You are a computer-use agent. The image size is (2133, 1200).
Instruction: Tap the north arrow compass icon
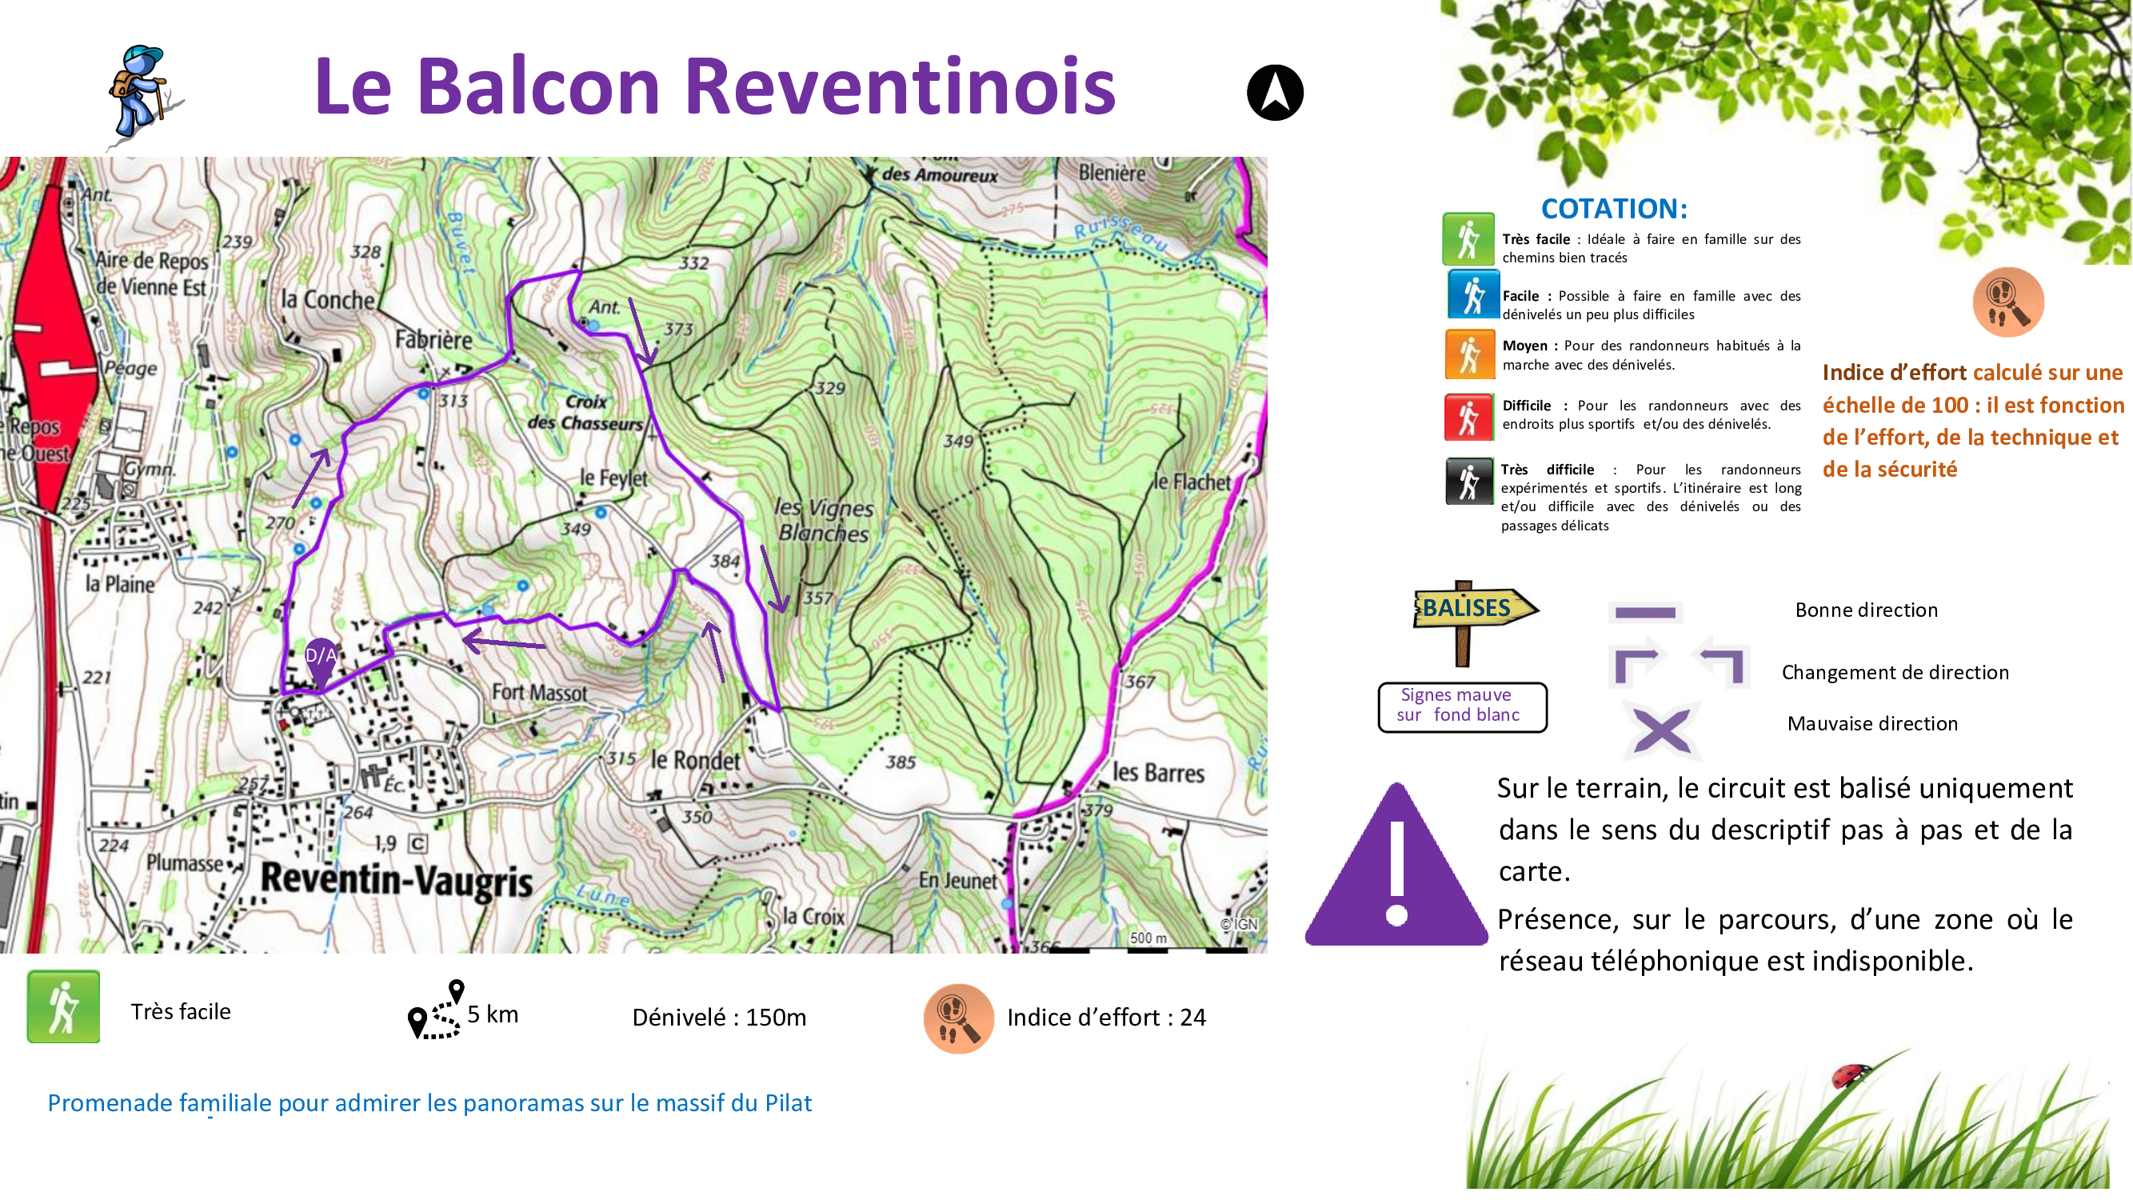(x=1274, y=93)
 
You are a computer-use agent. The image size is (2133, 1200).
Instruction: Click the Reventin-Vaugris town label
(x=397, y=881)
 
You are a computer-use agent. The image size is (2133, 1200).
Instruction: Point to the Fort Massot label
(x=539, y=692)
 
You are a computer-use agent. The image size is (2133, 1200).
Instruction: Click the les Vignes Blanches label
(x=823, y=521)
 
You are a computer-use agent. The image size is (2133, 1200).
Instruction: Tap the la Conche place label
(x=328, y=300)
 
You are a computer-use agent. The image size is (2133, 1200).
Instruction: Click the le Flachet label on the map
(x=1192, y=482)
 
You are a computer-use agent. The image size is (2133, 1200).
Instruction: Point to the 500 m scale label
(x=1148, y=938)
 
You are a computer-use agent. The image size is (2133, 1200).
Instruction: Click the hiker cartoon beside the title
(x=141, y=93)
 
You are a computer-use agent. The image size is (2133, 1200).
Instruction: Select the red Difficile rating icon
(x=1468, y=417)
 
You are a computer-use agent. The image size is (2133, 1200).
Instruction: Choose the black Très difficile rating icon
(x=1468, y=481)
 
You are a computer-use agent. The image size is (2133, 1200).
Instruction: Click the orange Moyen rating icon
(x=1468, y=354)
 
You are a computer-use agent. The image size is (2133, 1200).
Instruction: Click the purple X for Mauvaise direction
(x=1661, y=731)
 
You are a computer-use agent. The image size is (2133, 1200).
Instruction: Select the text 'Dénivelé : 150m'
(x=719, y=1018)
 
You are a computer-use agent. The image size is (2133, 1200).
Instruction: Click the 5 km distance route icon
(x=437, y=1011)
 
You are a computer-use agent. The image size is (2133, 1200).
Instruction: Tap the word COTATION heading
(x=1613, y=209)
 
